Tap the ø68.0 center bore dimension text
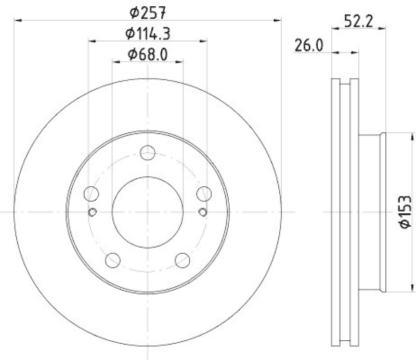coord(148,54)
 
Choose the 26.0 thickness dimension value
coord(309,46)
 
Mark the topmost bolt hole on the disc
coord(148,153)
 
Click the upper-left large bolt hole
coord(92,194)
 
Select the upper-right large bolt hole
coord(203,194)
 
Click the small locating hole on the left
coord(93,211)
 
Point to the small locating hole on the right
coord(203,211)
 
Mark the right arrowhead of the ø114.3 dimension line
coord(204,41)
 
